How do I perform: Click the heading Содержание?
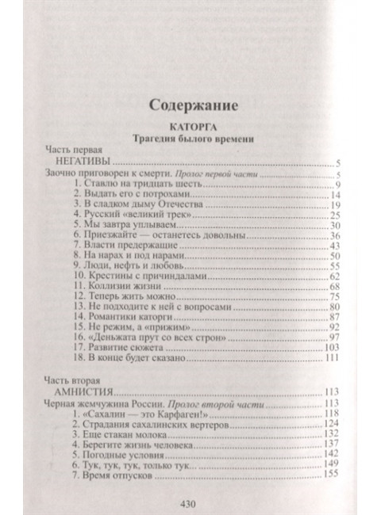pos(189,104)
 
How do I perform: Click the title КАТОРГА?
pos(189,126)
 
